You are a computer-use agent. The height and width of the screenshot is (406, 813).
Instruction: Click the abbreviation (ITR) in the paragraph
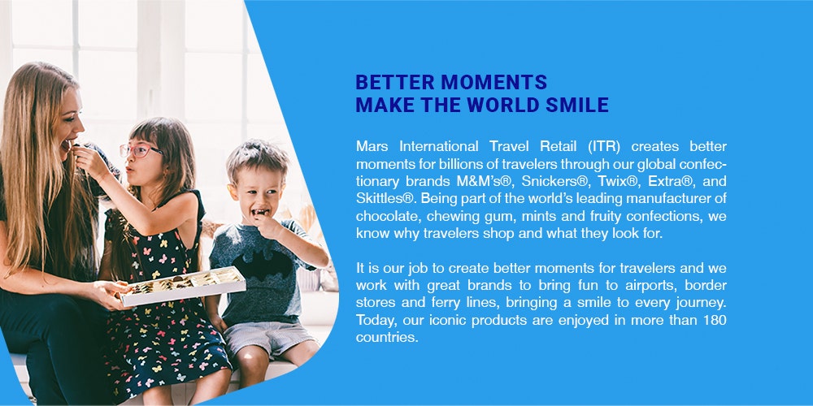point(604,146)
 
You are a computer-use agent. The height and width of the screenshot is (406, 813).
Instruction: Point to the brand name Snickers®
point(554,181)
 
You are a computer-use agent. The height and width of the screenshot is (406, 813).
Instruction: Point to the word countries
point(386,338)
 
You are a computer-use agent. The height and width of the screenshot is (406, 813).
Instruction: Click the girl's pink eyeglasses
point(140,150)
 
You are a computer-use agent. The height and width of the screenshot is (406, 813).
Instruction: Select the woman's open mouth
point(67,144)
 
